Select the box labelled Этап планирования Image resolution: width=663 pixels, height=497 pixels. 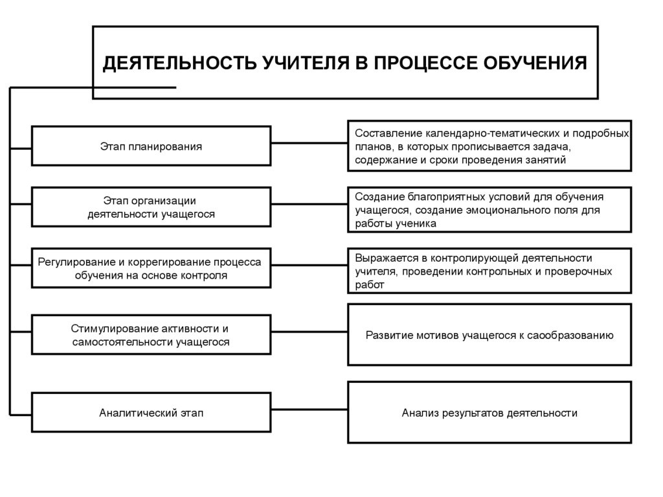tap(151, 146)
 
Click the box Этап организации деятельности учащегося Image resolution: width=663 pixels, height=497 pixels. tap(151, 207)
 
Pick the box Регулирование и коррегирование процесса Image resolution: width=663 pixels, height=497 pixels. tap(151, 268)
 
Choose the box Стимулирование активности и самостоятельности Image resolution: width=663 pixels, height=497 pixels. tap(151, 335)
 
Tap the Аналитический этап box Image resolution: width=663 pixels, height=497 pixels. tap(151, 412)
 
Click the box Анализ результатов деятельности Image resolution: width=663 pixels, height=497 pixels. tap(489, 412)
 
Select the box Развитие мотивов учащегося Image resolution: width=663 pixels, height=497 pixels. tap(489, 335)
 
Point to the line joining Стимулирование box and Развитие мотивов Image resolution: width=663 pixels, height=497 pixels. tap(309, 334)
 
